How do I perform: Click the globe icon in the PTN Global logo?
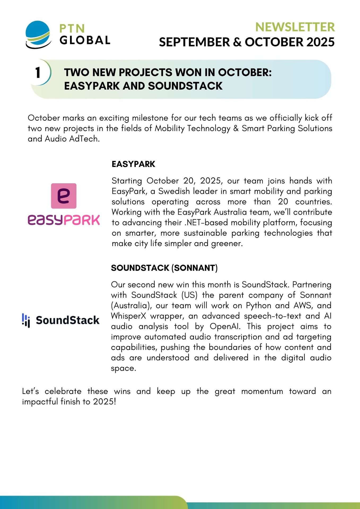[x=38, y=34]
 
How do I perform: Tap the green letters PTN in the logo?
[x=72, y=28]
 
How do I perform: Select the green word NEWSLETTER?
[x=295, y=27]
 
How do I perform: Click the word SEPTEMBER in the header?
[x=194, y=42]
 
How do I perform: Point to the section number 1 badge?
[x=38, y=72]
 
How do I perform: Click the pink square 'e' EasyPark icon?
[x=64, y=196]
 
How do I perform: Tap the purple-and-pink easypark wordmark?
[x=64, y=220]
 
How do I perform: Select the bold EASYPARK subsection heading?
[x=133, y=164]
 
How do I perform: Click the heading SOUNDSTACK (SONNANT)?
[x=164, y=268]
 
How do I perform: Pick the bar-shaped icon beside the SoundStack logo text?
[x=26, y=320]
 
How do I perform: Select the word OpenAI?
[x=225, y=326]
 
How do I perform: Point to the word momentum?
[x=262, y=391]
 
